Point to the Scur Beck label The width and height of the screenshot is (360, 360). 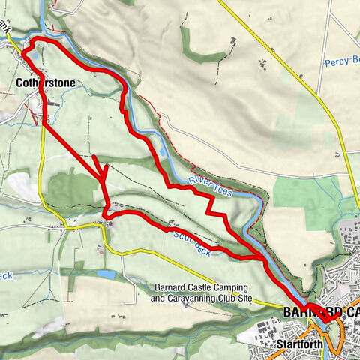click(191, 242)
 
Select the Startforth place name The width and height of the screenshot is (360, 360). click(299, 344)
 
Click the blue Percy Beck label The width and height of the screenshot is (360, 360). click(342, 64)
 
